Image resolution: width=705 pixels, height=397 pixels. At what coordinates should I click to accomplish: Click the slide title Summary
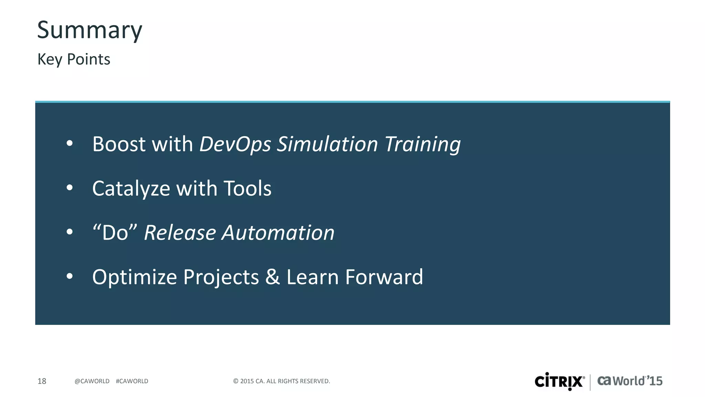coord(90,30)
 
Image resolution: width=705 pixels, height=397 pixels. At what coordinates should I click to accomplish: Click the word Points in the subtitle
coord(88,59)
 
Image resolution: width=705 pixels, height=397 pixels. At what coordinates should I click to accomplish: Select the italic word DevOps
coord(235,145)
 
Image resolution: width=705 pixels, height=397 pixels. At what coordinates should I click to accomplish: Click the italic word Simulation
coord(327,144)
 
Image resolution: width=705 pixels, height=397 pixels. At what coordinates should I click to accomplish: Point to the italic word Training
coord(422,145)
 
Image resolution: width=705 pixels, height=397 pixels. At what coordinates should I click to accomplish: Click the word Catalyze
coord(131,189)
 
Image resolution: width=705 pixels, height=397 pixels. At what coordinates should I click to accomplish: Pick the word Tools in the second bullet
coord(248,189)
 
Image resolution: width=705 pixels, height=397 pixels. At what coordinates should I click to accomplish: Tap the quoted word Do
coord(115,233)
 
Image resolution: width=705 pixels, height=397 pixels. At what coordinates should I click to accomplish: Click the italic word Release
coord(180,233)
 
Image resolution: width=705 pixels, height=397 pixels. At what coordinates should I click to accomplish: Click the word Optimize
coord(135,277)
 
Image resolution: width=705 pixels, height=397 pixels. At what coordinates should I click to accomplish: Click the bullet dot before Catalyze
coord(70,188)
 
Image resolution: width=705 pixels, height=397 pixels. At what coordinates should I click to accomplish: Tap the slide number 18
coord(42,381)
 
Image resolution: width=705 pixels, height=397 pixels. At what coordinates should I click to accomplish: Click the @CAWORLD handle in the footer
coord(92,381)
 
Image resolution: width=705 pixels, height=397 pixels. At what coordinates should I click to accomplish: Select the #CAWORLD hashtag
coord(132,381)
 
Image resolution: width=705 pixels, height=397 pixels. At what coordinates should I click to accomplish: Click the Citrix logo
coord(559,381)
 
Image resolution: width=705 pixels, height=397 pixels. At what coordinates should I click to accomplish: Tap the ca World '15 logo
coord(630,381)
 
